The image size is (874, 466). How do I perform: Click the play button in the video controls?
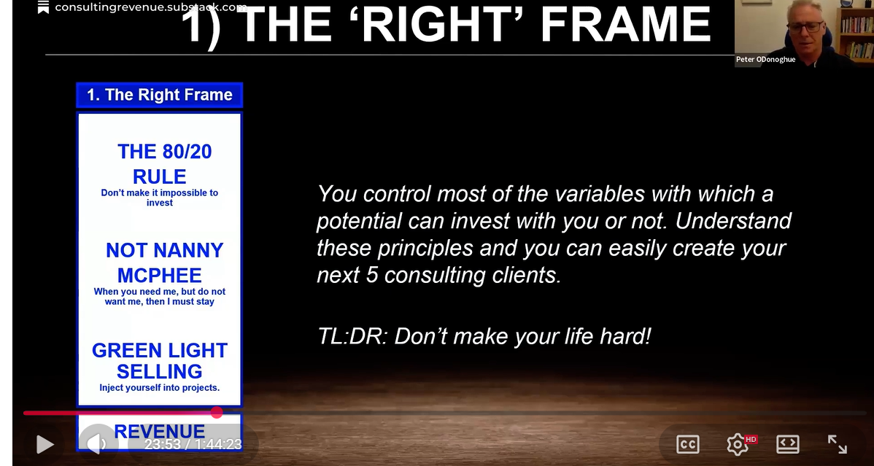point(45,443)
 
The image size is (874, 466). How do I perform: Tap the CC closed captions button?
point(687,443)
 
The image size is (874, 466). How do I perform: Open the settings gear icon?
point(738,443)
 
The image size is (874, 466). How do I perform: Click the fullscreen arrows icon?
point(837,443)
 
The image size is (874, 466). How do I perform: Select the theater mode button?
point(787,443)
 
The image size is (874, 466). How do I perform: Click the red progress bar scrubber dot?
point(217,413)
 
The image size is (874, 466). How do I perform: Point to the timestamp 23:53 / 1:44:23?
point(193,444)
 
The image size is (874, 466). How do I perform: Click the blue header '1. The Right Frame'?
point(159,95)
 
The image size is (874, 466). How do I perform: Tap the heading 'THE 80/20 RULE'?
point(159,163)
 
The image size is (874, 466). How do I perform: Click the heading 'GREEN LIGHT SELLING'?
point(159,360)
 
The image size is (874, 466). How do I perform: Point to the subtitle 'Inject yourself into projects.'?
point(159,388)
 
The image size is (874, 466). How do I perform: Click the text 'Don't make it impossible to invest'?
point(159,198)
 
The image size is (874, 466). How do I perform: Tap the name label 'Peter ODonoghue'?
point(765,60)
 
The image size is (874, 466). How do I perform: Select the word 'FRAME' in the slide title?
point(625,25)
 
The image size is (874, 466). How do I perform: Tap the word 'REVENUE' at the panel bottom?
point(159,432)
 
